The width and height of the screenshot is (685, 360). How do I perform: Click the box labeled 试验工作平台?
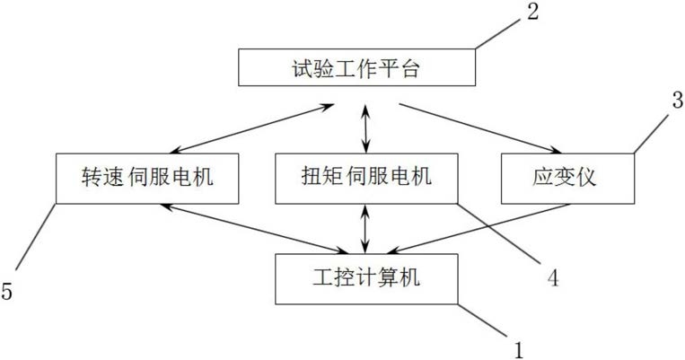356,67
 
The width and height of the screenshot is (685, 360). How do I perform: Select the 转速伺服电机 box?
147,179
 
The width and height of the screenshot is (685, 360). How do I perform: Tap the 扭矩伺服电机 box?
366,179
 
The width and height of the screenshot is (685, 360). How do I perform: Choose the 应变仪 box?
567,179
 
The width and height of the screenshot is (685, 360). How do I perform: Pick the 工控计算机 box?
366,278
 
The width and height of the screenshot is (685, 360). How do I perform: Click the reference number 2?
532,12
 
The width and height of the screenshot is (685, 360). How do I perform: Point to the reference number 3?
678,100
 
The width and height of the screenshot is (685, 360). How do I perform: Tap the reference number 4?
553,277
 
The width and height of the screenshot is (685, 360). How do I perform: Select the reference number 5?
6,291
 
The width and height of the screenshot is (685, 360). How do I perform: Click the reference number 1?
519,349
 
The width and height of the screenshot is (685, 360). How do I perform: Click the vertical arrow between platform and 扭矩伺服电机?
366,128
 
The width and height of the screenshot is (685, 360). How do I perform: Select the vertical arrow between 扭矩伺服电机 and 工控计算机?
366,229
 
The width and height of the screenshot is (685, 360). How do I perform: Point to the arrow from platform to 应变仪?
480,128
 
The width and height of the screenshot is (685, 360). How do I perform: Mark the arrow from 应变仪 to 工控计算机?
479,229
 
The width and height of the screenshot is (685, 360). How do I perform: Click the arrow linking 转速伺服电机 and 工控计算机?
254,229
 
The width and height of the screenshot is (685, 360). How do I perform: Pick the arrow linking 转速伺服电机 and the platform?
252,128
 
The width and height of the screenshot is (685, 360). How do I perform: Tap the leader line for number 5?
36,236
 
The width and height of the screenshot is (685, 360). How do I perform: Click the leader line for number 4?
499,233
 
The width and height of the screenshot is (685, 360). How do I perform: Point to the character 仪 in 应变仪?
586,178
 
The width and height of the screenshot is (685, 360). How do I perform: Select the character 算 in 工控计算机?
388,277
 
